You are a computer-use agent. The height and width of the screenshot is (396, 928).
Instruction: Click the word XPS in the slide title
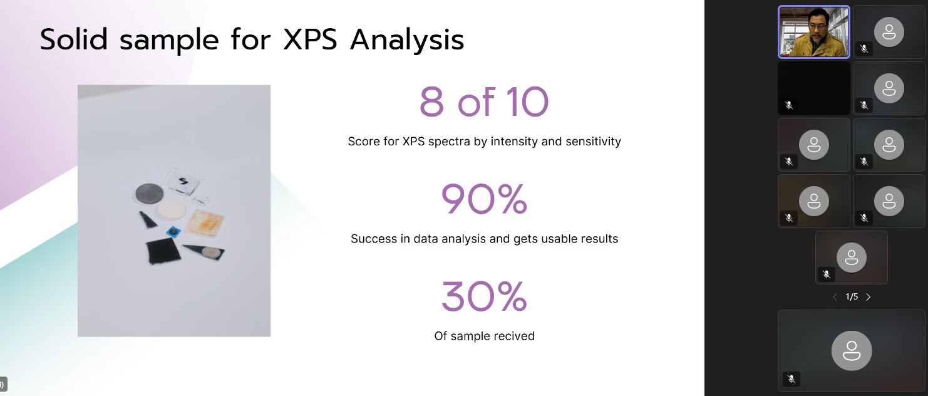point(310,40)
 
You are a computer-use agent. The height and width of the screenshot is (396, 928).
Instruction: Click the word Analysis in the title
point(407,41)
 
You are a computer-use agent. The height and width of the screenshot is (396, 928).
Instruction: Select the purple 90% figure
point(484,199)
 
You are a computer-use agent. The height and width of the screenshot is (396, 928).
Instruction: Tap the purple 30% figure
point(484,296)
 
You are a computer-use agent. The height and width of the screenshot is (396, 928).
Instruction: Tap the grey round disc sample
point(150,194)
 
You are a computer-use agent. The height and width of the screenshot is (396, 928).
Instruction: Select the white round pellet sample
point(172,211)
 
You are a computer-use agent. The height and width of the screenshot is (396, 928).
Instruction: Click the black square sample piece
point(163,251)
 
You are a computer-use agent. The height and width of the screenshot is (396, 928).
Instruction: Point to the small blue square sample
point(173,232)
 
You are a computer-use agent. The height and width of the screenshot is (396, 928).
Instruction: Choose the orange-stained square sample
point(205,223)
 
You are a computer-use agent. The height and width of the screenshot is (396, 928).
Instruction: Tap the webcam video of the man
point(814,32)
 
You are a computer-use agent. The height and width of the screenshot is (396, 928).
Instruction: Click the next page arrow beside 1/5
point(869,297)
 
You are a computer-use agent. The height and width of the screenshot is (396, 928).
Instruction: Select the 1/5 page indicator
point(852,297)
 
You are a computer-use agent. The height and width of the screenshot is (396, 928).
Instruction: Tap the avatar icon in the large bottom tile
point(852,350)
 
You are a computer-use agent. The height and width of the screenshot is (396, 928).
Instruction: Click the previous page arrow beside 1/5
point(835,297)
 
